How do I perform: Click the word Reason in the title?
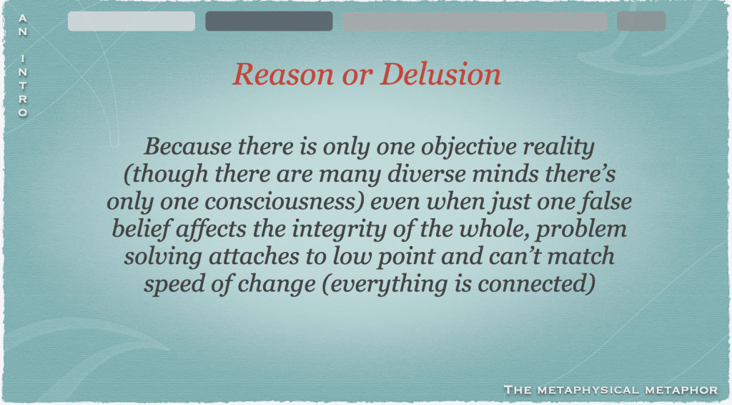tap(283, 74)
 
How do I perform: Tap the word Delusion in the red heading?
tap(440, 74)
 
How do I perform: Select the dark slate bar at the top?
tap(269, 21)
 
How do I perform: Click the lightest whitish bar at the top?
tap(132, 21)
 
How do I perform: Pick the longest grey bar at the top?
tap(475, 21)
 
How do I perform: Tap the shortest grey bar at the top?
tap(641, 21)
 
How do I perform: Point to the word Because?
tap(188, 146)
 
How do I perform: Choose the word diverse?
tap(427, 175)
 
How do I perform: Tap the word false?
tap(606, 202)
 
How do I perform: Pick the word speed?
tap(174, 285)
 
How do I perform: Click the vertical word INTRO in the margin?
tap(22, 86)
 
